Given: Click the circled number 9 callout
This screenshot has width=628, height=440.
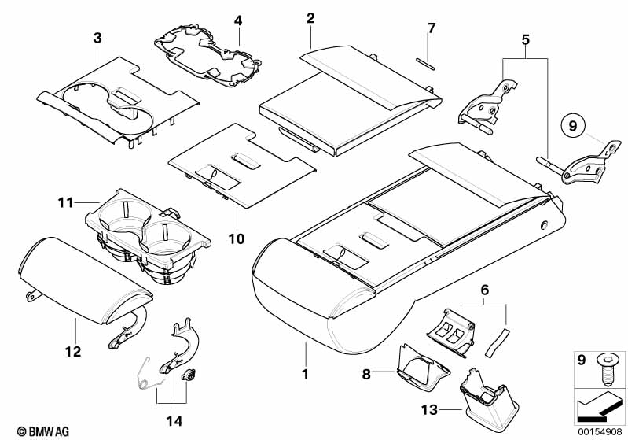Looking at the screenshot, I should click(573, 124).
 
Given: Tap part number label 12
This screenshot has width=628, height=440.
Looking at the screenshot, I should click(73, 352).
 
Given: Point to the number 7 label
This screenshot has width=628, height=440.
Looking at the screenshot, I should click(430, 28).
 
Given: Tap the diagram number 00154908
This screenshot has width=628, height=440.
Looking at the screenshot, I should click(595, 431).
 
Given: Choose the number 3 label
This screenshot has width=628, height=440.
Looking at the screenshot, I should click(97, 37).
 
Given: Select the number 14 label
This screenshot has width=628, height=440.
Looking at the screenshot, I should click(174, 420).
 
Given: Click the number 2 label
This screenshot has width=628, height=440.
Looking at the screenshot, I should click(310, 18).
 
